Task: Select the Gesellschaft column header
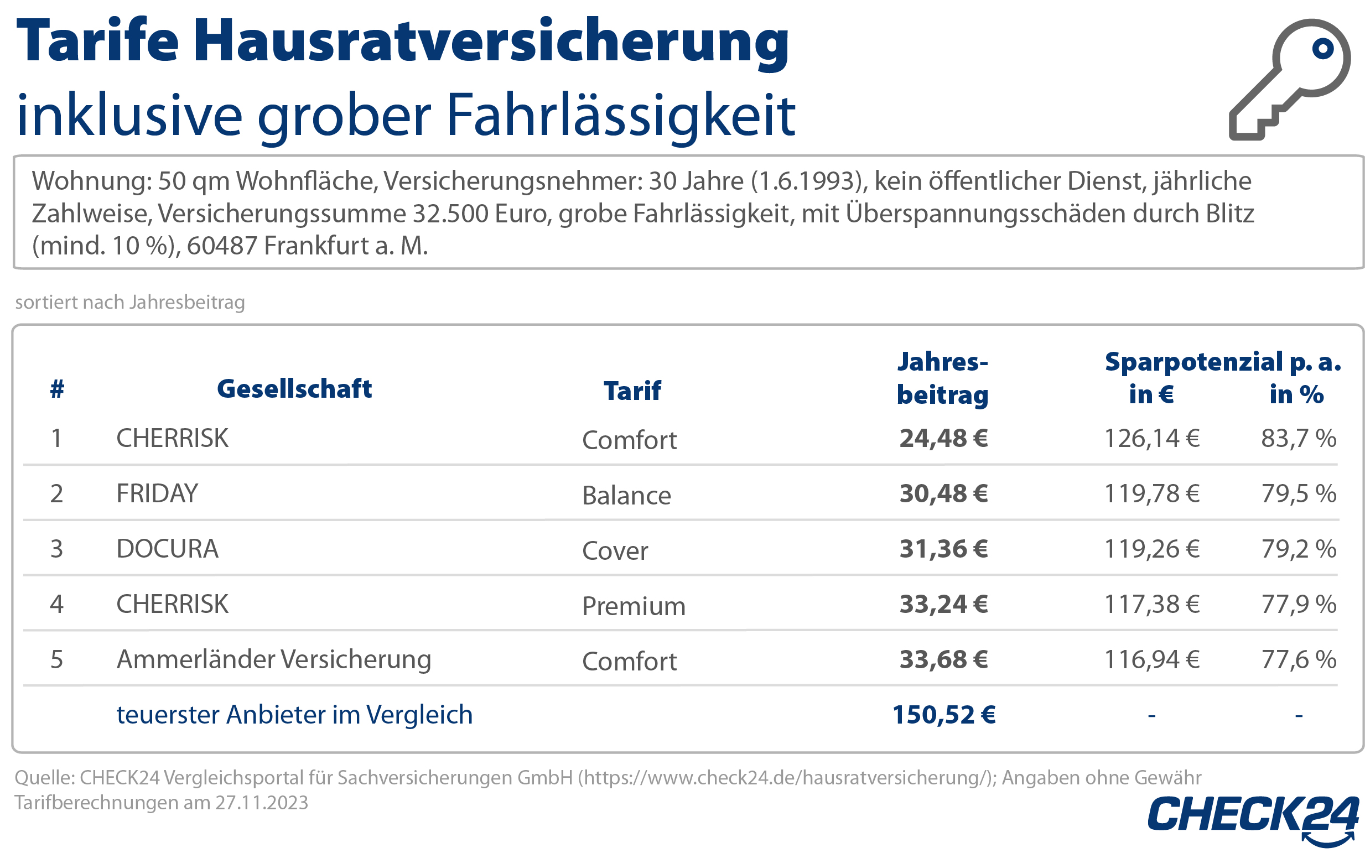pyautogui.click(x=294, y=389)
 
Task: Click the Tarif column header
pyautogui.click(x=632, y=391)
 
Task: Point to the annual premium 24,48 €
pyautogui.click(x=943, y=438)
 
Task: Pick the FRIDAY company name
pyautogui.click(x=157, y=493)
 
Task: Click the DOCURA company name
pyautogui.click(x=167, y=549)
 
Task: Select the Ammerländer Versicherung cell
pyautogui.click(x=274, y=659)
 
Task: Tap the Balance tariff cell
pyautogui.click(x=626, y=496)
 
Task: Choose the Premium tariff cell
pyautogui.click(x=633, y=606)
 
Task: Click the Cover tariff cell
pyautogui.click(x=615, y=551)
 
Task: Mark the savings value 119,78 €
pyautogui.click(x=1151, y=493)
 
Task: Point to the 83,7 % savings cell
pyautogui.click(x=1299, y=438)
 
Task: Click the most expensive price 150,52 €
pyautogui.click(x=943, y=715)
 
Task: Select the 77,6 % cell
pyautogui.click(x=1299, y=659)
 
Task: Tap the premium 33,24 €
pyautogui.click(x=943, y=604)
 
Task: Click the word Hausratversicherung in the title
pyautogui.click(x=491, y=42)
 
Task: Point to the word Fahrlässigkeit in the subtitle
pyautogui.click(x=621, y=116)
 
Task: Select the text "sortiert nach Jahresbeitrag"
pyautogui.click(x=130, y=303)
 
